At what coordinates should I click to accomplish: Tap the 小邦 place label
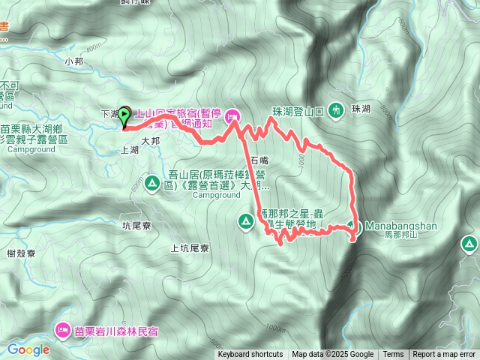pos(74,61)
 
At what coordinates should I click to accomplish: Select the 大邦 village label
pos(151,139)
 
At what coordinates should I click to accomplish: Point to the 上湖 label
pos(129,150)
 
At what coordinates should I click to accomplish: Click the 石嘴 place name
pos(259,160)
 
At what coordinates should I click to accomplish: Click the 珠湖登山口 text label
pos(297,111)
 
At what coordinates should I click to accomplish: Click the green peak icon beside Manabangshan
pos(354,225)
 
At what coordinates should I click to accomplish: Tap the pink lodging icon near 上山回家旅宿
pos(232,115)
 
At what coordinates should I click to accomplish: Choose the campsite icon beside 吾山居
pos(152,182)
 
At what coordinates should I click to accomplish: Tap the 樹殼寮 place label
pos(21,253)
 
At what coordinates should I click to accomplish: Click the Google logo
pos(28,349)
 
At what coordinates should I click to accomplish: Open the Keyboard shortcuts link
pos(250,355)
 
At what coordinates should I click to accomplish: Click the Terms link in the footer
pos(393,355)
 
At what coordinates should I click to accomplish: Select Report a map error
pos(444,355)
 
